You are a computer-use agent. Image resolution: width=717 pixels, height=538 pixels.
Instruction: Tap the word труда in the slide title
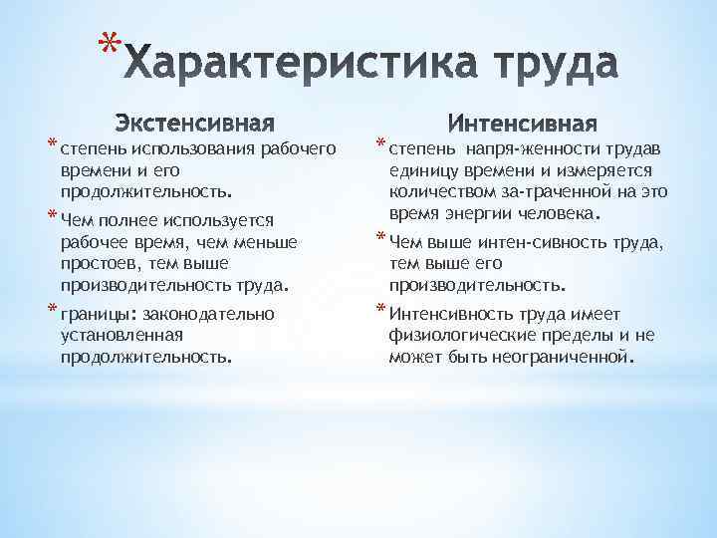545,67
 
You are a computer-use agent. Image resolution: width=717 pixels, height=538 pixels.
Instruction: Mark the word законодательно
212,314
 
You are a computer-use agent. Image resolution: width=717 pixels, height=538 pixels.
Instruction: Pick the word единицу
422,171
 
